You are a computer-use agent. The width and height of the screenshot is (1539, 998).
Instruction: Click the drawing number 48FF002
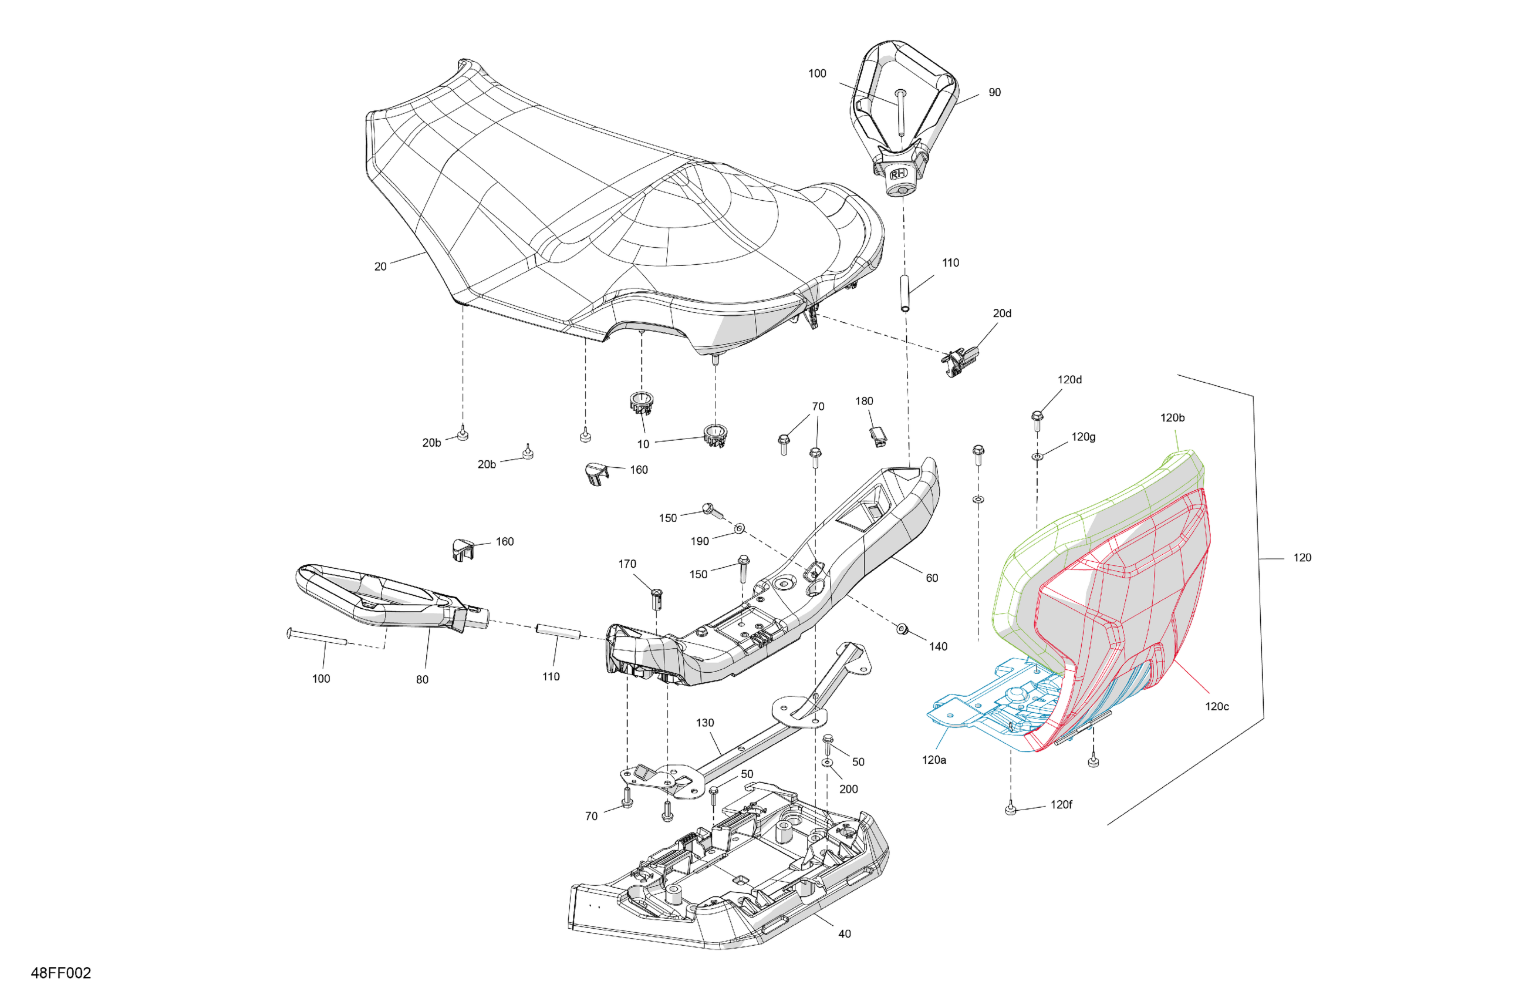[x=61, y=973]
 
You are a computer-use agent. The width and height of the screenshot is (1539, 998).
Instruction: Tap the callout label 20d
[x=1002, y=313]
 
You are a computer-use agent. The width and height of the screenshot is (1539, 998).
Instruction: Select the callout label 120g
[x=1083, y=437]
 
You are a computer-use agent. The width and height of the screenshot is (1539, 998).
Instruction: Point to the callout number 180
[x=864, y=401]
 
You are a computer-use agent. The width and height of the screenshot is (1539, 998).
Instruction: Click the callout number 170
[x=627, y=564]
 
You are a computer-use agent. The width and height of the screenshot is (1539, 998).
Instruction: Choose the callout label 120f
[x=1061, y=805]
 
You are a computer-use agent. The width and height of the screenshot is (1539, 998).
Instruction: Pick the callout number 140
[x=937, y=646]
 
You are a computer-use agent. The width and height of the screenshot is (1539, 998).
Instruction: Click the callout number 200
[x=848, y=789]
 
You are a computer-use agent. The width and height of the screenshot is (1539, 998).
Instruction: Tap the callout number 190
[x=700, y=541]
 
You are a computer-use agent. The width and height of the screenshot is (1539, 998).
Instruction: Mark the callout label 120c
[x=1216, y=706]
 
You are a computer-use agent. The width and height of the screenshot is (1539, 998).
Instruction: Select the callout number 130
[x=705, y=723]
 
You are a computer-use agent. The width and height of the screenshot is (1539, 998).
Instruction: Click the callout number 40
[x=845, y=934]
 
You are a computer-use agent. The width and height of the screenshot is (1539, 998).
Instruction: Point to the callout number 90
[x=994, y=93]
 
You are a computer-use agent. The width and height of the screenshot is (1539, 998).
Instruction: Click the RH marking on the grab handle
[x=898, y=174]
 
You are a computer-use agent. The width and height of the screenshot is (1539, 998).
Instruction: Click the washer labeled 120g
[x=1037, y=457]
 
